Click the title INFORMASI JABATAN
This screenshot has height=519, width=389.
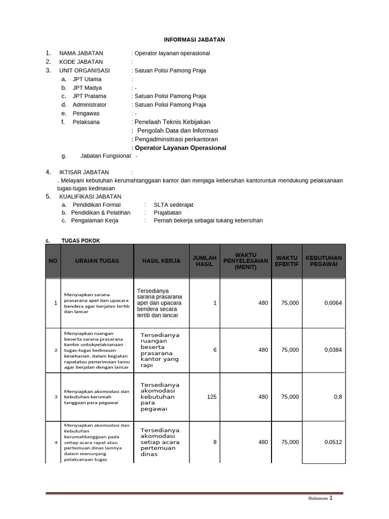(x=194, y=40)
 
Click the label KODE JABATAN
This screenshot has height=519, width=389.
(x=81, y=62)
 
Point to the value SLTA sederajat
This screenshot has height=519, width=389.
(x=173, y=205)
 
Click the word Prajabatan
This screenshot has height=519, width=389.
(x=167, y=213)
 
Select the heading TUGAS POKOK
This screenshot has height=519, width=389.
(x=77, y=240)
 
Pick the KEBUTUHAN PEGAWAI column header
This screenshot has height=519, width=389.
(x=324, y=261)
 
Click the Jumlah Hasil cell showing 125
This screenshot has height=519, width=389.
(x=212, y=397)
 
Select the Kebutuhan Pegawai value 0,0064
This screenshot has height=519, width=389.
(x=333, y=303)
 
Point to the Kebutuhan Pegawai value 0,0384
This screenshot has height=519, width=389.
(x=333, y=350)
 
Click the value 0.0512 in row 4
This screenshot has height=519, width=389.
(x=333, y=442)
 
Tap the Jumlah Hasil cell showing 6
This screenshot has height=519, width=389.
(x=215, y=350)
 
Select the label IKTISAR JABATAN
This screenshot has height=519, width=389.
(x=84, y=172)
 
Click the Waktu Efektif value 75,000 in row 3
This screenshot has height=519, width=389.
(x=290, y=397)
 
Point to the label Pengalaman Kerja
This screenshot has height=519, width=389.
(x=95, y=221)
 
